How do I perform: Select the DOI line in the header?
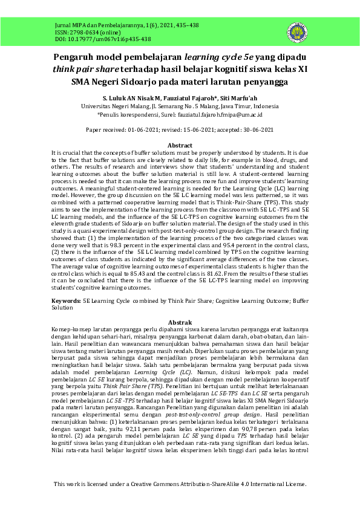(x=94, y=39)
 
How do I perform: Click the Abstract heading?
(x=180, y=146)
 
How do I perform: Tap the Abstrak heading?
(x=180, y=322)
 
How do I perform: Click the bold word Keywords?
(x=65, y=300)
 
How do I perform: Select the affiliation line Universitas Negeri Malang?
(x=180, y=105)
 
